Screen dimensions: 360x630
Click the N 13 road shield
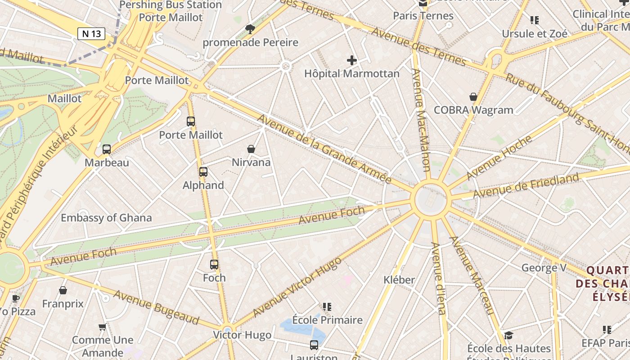point(91,34)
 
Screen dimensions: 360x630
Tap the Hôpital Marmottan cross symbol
point(352,60)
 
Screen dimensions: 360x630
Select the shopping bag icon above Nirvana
point(251,149)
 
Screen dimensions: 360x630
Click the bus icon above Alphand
point(203,172)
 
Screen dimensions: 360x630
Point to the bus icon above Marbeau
point(107,149)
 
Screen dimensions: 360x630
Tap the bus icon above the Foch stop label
point(214,265)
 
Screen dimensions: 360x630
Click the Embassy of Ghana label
point(106,218)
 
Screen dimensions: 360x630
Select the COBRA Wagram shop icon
point(473,97)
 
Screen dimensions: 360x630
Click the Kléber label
point(399,280)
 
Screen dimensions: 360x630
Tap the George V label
point(544,268)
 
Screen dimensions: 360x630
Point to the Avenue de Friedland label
point(526,185)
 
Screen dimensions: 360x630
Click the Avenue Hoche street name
point(499,157)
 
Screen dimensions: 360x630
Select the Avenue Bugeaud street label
point(156,307)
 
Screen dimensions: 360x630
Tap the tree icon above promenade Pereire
point(250,29)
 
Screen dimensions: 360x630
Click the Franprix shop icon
point(63,290)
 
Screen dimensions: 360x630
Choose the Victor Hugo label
point(242,335)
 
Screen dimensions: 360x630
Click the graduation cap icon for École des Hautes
point(508,335)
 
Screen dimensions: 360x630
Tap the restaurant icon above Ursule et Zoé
point(535,20)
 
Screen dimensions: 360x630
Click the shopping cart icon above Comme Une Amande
point(103,327)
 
